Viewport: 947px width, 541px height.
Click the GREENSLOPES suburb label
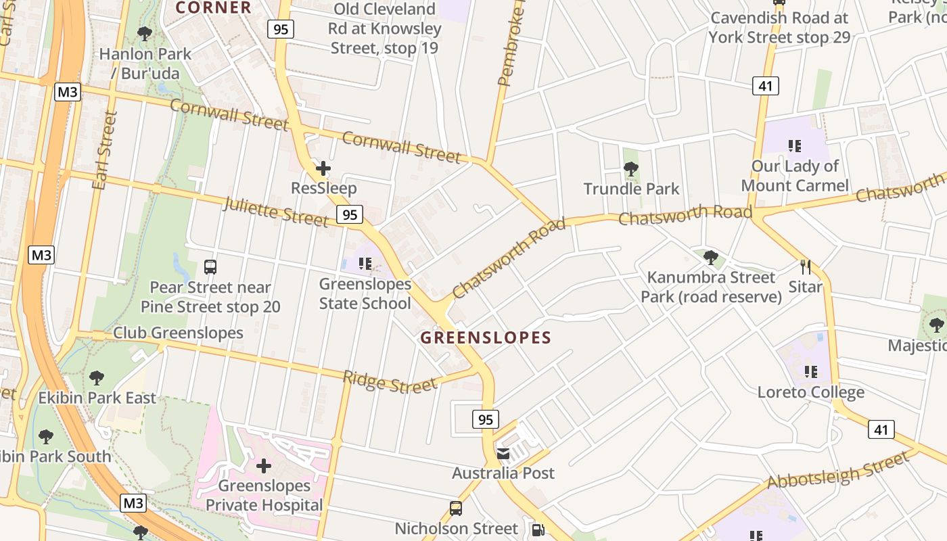click(x=486, y=337)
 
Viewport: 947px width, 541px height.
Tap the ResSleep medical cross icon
click(x=323, y=168)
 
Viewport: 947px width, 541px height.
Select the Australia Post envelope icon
click(x=503, y=454)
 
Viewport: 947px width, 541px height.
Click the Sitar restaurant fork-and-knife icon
click(x=805, y=266)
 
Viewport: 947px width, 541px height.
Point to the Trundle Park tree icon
click(x=631, y=168)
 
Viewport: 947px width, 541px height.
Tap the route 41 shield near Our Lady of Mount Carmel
click(x=765, y=86)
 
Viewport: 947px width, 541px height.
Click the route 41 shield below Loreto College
click(x=881, y=429)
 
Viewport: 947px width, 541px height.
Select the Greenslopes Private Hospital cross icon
click(x=264, y=466)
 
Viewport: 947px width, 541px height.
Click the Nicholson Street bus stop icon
click(x=456, y=509)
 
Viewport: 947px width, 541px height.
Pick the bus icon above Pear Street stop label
click(x=210, y=266)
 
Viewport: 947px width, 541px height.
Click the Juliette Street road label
click(x=275, y=212)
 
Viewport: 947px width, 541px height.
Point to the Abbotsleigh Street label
click(x=838, y=471)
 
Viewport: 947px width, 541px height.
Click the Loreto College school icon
click(x=810, y=371)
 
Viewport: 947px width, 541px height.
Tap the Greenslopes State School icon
click(x=365, y=264)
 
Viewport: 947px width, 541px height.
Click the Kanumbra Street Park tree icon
click(x=710, y=257)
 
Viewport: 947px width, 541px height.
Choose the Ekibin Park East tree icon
click(x=97, y=377)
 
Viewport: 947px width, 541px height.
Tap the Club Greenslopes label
click(x=178, y=333)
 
